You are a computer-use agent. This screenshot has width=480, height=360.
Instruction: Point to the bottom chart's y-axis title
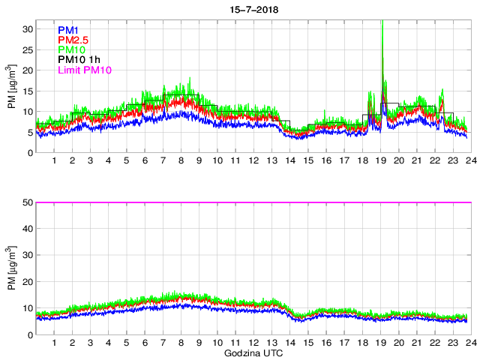(10, 268)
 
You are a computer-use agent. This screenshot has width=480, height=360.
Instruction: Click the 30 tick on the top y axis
(27, 28)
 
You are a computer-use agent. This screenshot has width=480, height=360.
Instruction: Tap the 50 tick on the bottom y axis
(27, 202)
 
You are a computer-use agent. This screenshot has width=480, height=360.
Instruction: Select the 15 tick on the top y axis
(27, 91)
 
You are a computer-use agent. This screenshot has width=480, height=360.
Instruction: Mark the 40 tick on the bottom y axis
(27, 229)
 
